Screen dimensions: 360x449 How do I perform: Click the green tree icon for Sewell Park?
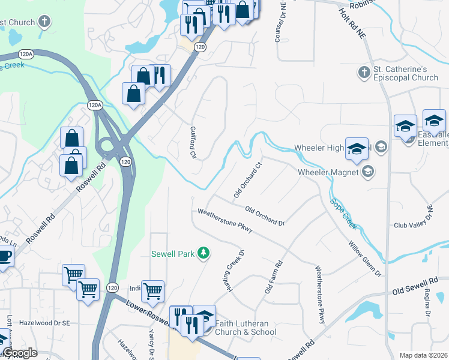[204, 254]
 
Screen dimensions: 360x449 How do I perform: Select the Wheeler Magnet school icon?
[367, 172]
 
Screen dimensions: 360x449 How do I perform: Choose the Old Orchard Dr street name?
[265, 215]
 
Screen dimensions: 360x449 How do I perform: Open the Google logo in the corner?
[19, 353]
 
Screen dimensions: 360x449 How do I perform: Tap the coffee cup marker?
[4, 257]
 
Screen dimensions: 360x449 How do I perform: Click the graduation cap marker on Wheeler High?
[357, 148]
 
